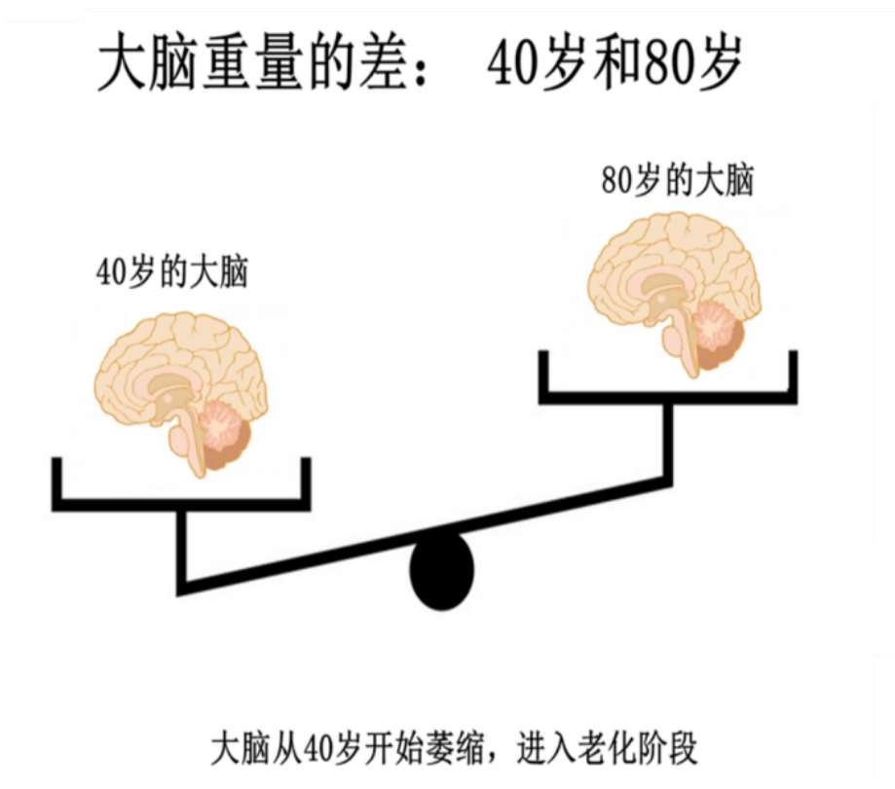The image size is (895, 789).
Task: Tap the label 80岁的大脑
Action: tap(677, 182)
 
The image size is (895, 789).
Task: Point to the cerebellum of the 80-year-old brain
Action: tap(716, 327)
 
